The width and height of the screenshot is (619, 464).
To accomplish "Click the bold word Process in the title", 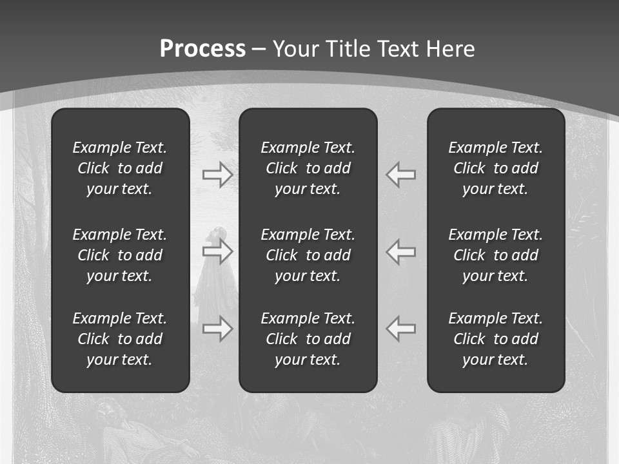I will [202, 49].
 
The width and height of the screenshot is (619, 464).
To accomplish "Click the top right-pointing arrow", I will [217, 175].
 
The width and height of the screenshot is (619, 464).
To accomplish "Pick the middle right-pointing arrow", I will [217, 251].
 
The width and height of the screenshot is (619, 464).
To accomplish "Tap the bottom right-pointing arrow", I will [217, 329].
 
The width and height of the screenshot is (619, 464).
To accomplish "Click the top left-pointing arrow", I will [401, 175].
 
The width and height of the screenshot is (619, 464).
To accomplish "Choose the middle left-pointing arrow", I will [401, 251].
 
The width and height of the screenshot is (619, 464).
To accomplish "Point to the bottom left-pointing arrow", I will [401, 329].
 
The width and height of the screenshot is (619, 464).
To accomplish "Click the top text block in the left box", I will [120, 168].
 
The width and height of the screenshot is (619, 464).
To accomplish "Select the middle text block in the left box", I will [120, 255].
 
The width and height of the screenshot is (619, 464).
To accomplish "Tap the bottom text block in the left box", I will [120, 339].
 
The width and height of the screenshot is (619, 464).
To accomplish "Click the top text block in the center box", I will [308, 168].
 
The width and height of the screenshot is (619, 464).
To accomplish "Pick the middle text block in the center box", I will [308, 255].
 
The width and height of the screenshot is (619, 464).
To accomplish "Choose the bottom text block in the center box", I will [308, 339].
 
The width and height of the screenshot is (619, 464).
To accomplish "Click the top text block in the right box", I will [495, 168].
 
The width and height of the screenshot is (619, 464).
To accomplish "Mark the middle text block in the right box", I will [495, 255].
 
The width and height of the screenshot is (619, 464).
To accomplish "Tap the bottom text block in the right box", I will [495, 339].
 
